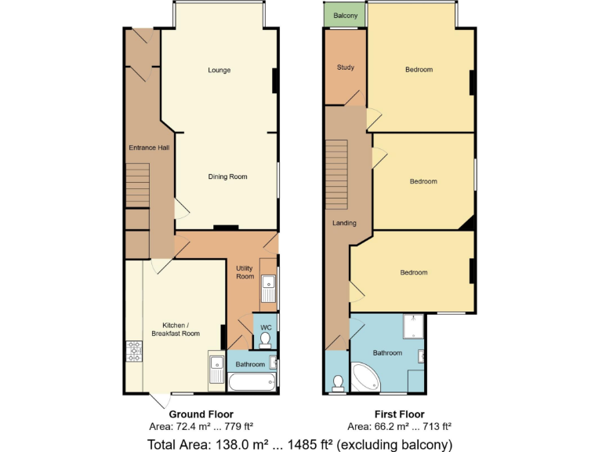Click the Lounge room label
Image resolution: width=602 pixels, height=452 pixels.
tap(219, 71)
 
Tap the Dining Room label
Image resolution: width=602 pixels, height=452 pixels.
tap(227, 177)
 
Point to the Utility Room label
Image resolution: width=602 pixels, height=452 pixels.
tap(245, 272)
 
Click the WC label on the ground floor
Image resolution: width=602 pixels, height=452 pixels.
tap(266, 326)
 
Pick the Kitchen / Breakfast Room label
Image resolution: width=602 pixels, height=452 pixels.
tap(181, 330)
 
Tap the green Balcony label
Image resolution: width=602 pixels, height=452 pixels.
tap(346, 16)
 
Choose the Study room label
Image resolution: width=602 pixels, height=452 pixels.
tap(345, 67)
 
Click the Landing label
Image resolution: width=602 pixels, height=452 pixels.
tap(344, 223)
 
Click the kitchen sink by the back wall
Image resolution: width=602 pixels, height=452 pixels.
tap(216, 369)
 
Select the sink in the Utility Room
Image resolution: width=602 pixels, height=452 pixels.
tap(268, 287)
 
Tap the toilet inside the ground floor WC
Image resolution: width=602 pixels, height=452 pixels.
tap(265, 339)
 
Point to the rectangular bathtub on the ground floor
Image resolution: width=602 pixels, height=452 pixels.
tap(252, 384)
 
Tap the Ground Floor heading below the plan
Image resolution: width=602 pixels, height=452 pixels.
tap(201, 414)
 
